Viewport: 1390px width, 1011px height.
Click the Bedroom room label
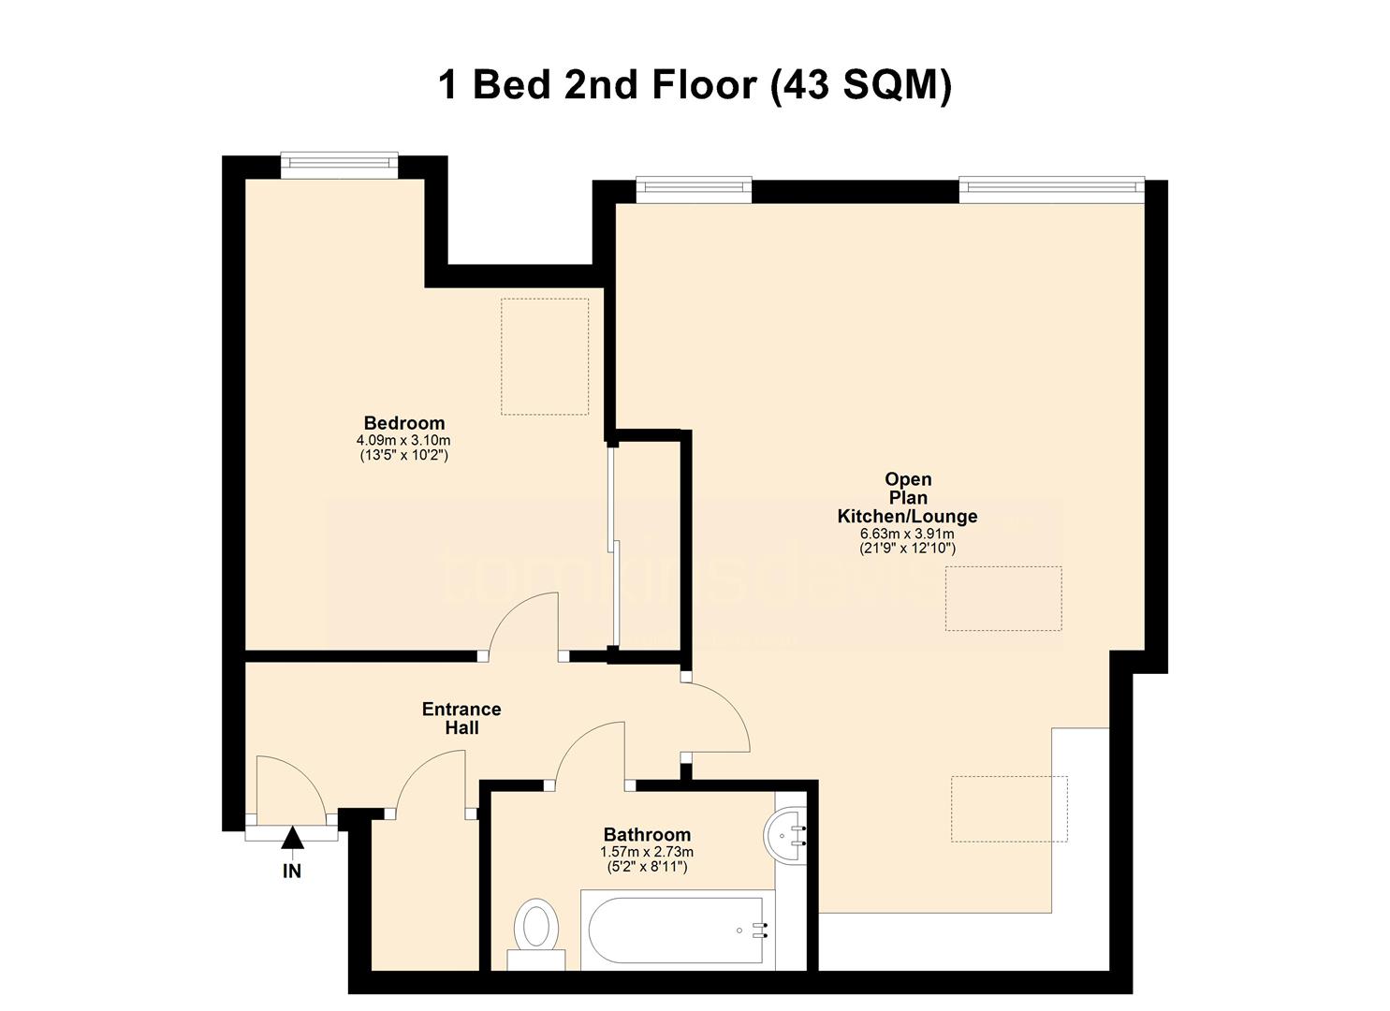(404, 423)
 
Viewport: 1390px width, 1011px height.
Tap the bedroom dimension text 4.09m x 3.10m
(403, 440)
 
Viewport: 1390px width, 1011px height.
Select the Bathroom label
(647, 834)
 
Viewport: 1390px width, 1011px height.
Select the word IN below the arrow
(292, 872)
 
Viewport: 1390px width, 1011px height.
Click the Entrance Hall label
(461, 718)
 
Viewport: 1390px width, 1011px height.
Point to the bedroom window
(339, 164)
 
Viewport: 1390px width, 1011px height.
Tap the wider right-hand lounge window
(1051, 188)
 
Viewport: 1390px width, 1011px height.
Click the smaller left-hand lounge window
(694, 188)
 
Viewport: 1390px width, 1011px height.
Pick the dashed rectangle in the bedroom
(545, 357)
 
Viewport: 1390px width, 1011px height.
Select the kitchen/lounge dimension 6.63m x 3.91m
(907, 534)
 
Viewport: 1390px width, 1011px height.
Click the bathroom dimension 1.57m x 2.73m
(647, 852)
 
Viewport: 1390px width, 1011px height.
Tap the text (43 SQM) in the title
(860, 86)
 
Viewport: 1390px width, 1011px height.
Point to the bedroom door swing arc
(524, 625)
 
